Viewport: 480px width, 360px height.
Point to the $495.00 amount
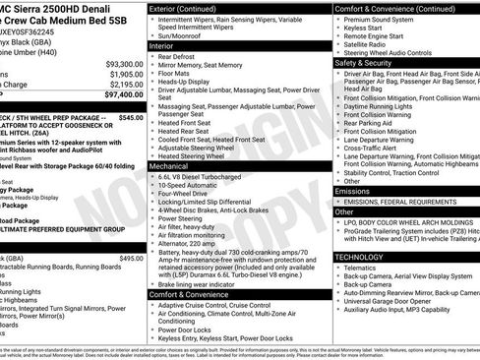tap(131, 258)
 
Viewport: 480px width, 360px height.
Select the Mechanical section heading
tap(168, 166)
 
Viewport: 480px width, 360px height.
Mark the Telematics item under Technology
tap(364, 267)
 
